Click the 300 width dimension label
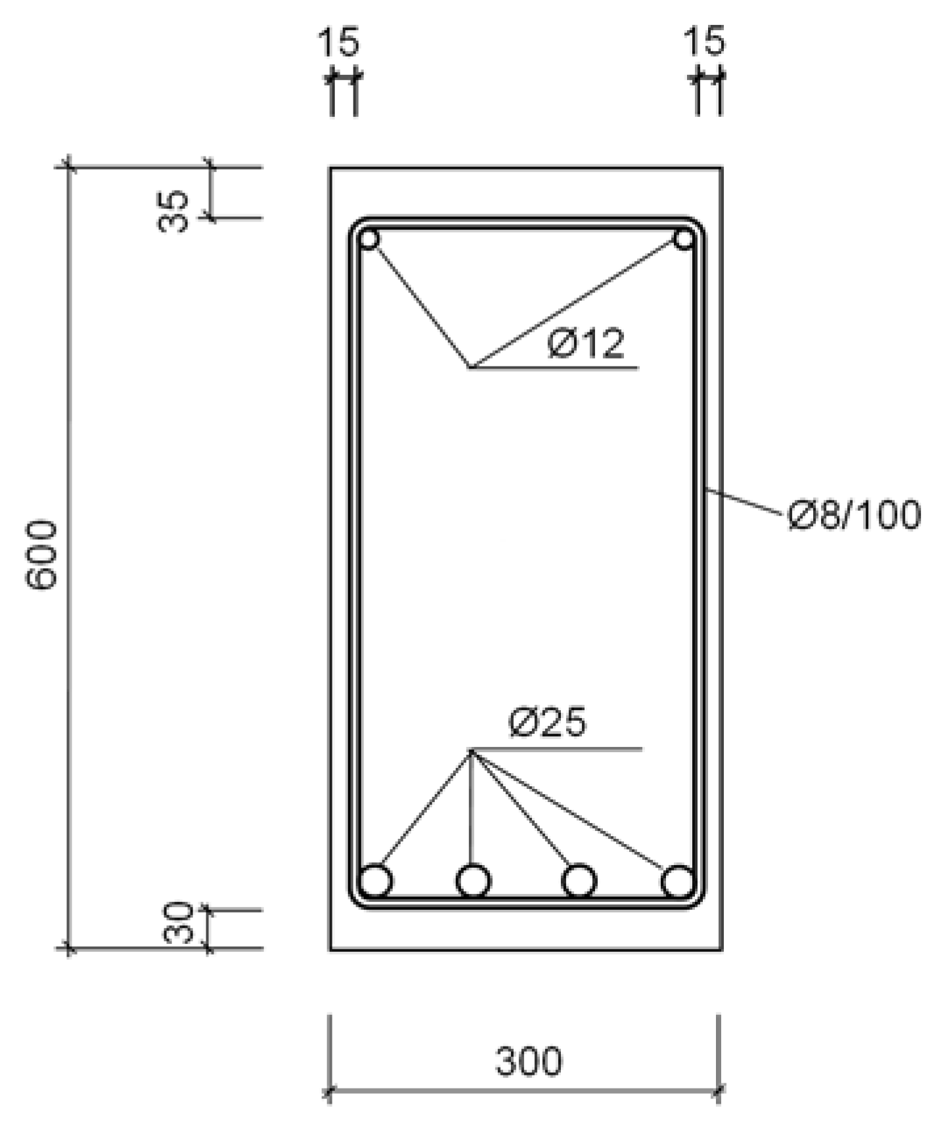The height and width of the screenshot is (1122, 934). tap(529, 1062)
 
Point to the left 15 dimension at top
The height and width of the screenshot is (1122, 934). tap(339, 41)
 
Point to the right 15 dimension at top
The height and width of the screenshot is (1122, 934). tap(705, 41)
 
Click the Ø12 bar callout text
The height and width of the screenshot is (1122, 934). tap(587, 344)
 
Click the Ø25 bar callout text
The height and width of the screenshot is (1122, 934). tap(547, 723)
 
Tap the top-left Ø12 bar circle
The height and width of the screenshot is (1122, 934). tap(369, 239)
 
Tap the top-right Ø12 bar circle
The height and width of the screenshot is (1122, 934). tap(684, 239)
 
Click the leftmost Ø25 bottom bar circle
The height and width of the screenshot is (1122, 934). tap(376, 881)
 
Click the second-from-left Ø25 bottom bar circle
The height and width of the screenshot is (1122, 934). tap(473, 881)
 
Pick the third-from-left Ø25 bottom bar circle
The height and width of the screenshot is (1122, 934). tap(579, 881)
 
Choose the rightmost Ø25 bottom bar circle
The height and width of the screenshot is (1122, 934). tap(678, 881)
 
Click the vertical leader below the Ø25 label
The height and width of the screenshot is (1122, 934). tap(471, 808)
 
